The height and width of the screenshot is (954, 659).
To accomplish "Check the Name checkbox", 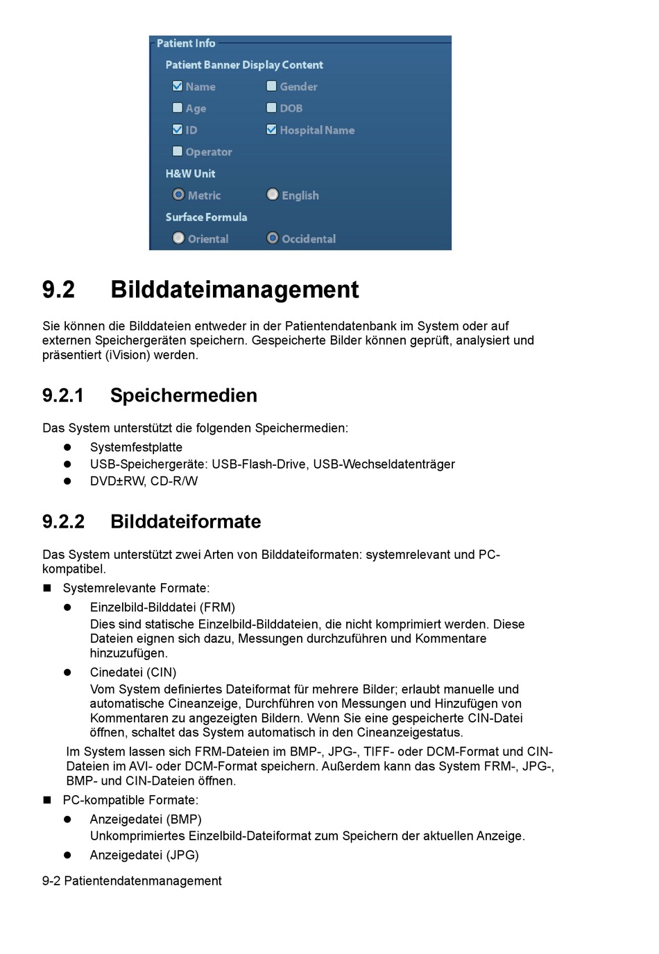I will coord(178,86).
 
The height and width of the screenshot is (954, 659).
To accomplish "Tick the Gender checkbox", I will coord(272,86).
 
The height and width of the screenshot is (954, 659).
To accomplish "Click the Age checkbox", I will coord(178,107).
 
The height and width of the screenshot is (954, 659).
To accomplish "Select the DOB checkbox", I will coord(272,107).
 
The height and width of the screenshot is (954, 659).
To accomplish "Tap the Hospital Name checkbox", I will coord(272,130).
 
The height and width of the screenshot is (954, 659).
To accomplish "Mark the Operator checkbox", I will coord(178,151).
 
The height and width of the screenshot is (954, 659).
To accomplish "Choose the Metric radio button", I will coord(178,195).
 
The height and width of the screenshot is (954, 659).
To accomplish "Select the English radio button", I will coord(273,195).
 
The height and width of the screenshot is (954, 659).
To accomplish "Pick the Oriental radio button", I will coord(178,238).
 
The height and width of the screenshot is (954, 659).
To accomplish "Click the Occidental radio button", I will coord(273,238).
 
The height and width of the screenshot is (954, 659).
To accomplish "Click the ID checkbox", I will coord(178,130).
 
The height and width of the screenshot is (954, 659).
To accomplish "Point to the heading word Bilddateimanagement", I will coord(234,290).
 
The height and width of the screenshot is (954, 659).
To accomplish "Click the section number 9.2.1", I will coord(62,396).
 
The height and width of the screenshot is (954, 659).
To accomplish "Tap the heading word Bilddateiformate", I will coord(185,522).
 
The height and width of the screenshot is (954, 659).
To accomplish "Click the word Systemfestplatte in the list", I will coord(136,448).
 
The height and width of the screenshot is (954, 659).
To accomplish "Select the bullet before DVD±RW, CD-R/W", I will coord(68,481).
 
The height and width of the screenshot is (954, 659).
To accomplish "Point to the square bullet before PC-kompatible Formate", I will coord(47,800).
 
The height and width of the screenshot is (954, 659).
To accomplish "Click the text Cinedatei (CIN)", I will coord(133,673).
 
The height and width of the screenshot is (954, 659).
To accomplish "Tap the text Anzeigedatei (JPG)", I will coord(144,856).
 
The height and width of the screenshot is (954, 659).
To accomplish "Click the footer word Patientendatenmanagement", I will coord(143,881).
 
